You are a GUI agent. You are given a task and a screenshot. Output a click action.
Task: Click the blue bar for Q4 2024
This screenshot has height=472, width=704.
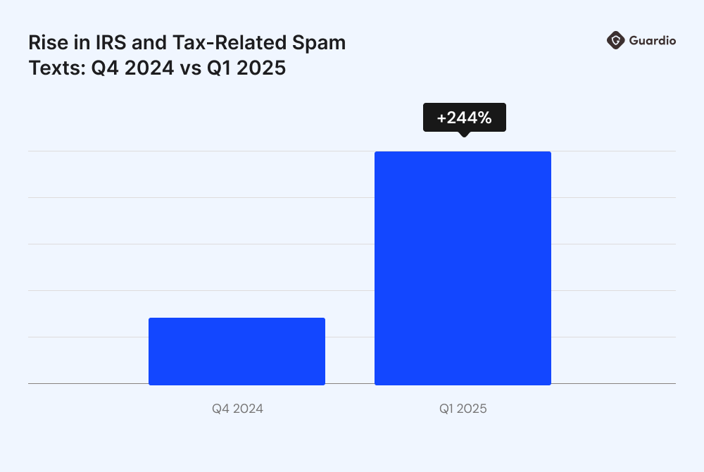[237, 351]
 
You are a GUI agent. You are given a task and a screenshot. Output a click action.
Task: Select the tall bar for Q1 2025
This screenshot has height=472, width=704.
[463, 268]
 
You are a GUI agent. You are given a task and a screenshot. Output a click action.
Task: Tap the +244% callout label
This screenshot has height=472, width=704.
[464, 118]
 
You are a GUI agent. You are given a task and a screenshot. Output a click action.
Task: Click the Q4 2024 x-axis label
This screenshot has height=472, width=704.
[237, 409]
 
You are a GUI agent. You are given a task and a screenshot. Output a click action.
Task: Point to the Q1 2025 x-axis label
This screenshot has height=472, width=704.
[463, 409]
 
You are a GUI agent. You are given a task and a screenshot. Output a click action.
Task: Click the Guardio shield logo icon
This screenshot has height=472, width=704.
[615, 41]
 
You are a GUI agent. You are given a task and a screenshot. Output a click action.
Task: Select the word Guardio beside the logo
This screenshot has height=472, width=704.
[653, 41]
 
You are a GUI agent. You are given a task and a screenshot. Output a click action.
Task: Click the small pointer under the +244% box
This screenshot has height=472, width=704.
[463, 134]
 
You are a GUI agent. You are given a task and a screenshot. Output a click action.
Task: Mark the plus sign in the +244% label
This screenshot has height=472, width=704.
[441, 118]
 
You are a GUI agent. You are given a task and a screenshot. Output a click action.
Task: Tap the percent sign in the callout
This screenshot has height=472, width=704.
[484, 118]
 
